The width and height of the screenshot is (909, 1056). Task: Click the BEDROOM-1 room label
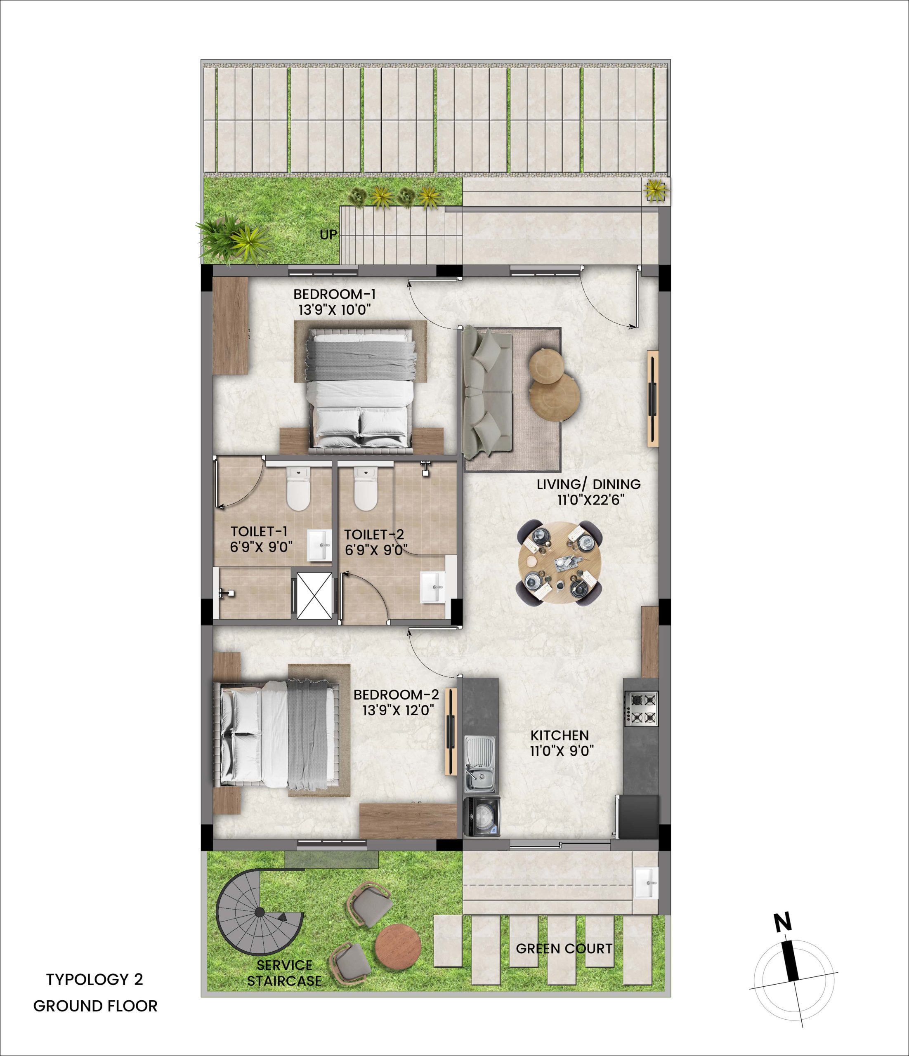point(335,294)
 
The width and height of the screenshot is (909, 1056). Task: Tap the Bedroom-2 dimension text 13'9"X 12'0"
point(398,710)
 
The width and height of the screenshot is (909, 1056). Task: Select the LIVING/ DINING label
point(588,484)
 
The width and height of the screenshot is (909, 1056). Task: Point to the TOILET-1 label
point(259,532)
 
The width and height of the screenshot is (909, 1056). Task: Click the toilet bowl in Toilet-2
point(365,489)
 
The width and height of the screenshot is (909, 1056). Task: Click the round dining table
point(559,563)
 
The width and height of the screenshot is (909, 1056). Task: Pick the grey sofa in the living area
point(486,391)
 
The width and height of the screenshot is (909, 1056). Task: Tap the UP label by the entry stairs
point(328,234)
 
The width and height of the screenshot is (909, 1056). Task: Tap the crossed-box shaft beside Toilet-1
point(314,595)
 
